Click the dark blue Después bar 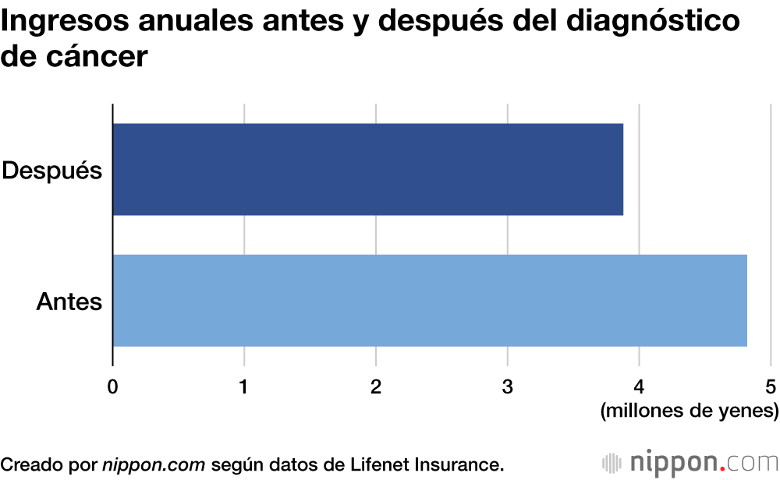click(x=367, y=169)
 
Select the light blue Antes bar click(x=430, y=300)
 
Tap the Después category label click(x=52, y=170)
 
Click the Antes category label click(x=69, y=301)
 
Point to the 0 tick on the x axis click(x=113, y=386)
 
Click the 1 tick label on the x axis click(x=244, y=386)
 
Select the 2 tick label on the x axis click(x=376, y=386)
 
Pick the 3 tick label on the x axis click(x=508, y=386)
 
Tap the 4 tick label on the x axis click(x=639, y=386)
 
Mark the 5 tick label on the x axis click(x=771, y=386)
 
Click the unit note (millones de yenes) click(x=689, y=411)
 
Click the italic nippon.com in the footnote click(x=154, y=464)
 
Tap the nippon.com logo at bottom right click(x=690, y=462)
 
